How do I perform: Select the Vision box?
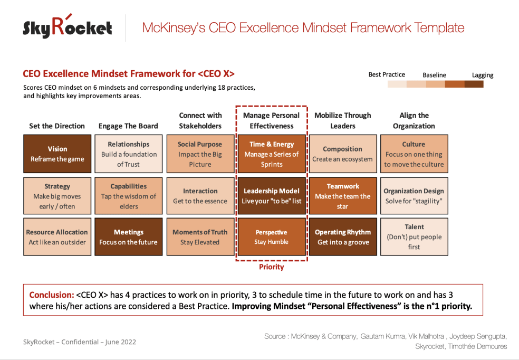[57, 154]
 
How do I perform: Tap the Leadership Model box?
[271, 196]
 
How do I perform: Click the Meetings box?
[128, 237]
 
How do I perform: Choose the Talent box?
[414, 237]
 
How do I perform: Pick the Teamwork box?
[343, 196]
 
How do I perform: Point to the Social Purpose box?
[200, 154]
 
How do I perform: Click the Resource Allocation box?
[57, 237]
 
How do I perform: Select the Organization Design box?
[414, 196]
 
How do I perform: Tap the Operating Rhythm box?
[343, 237]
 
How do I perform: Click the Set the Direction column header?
[57, 126]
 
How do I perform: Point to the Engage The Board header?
[128, 126]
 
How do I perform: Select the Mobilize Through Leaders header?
[343, 120]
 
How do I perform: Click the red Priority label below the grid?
[271, 267]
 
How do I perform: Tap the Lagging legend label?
[482, 75]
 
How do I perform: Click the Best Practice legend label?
[387, 74]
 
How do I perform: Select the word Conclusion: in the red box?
[51, 295]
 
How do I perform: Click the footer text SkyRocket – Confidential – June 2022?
[79, 342]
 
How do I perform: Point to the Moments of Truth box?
[200, 237]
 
